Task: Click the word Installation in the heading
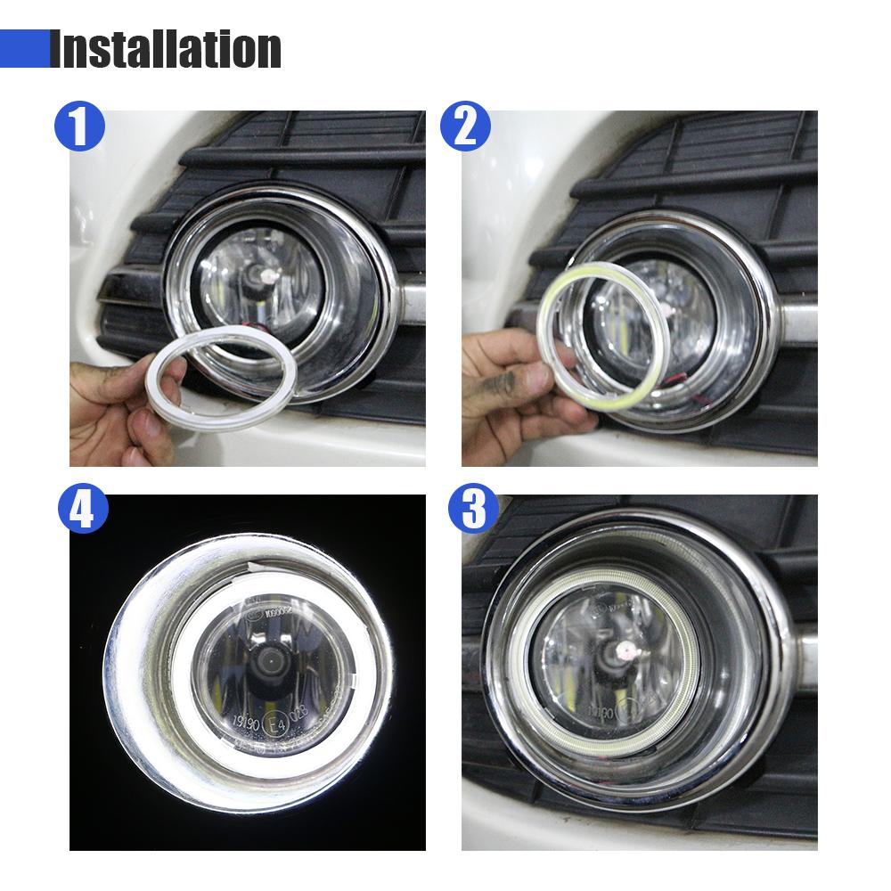166,49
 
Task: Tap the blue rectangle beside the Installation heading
24,48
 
